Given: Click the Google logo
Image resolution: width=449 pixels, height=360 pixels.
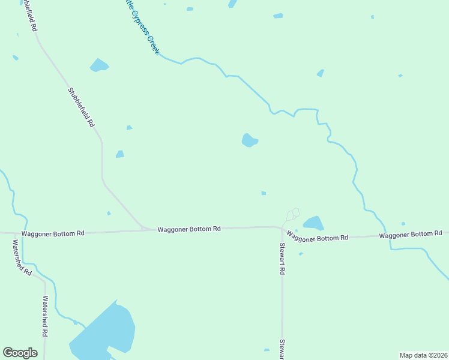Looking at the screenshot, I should tap(20, 352).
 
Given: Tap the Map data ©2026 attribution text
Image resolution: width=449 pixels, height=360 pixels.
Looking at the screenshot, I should tap(423, 355).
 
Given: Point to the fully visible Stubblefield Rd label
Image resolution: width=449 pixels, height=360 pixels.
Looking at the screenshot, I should tap(82, 107).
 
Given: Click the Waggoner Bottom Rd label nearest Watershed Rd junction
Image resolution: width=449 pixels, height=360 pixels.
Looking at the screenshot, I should tap(52, 233).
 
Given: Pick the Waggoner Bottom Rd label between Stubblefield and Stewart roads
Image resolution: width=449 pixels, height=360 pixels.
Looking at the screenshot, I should tap(189, 229).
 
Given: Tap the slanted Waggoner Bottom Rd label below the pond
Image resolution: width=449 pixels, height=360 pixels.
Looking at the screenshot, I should tap(317, 236).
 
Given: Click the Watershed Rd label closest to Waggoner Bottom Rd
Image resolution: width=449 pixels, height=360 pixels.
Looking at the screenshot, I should tap(22, 258).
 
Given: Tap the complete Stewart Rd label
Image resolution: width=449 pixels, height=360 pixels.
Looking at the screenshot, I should tap(282, 259).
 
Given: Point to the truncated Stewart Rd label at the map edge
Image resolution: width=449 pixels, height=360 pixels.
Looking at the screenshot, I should tap(282, 350).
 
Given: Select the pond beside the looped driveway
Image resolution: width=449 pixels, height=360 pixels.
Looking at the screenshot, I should tap(313, 224).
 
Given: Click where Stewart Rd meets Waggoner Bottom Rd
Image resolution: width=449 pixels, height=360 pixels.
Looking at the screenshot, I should tap(282, 229).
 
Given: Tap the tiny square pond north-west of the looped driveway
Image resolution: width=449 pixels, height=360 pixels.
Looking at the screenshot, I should tap(264, 193).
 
